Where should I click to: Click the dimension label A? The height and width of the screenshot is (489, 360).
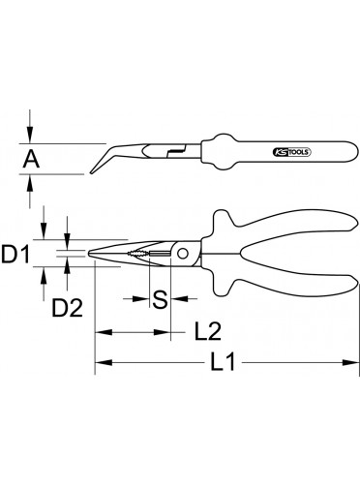[x=31, y=159]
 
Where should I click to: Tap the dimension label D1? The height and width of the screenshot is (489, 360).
[x=15, y=254]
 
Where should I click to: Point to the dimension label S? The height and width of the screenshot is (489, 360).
[x=160, y=299]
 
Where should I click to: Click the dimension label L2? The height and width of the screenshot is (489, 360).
[x=208, y=331]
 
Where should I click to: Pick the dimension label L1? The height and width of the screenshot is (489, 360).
[x=224, y=362]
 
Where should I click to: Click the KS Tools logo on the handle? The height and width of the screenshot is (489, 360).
[x=292, y=152]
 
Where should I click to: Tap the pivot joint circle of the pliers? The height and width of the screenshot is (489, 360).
[x=183, y=254]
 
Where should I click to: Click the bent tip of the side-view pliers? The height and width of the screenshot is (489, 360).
[x=91, y=173]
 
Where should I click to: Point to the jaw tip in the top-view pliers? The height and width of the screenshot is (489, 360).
[x=89, y=254]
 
